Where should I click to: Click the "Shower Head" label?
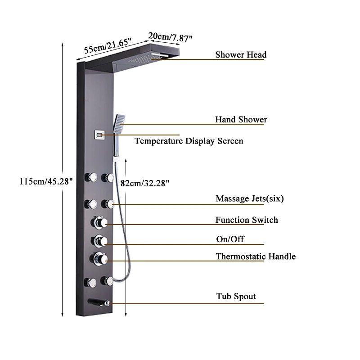coord(241,55)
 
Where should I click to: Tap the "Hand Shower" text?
coord(241,120)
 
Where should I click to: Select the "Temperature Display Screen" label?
coord(189,141)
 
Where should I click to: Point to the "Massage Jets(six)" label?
coord(250,198)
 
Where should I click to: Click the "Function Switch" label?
coord(247,220)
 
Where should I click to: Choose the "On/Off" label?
coord(230,239)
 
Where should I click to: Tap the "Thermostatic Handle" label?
coord(256,256)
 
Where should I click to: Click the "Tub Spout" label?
coord(236,297)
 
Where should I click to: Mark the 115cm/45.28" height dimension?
coord(45,181)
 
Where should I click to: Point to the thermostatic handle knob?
coord(99,258)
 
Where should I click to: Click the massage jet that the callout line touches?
coord(108,204)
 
